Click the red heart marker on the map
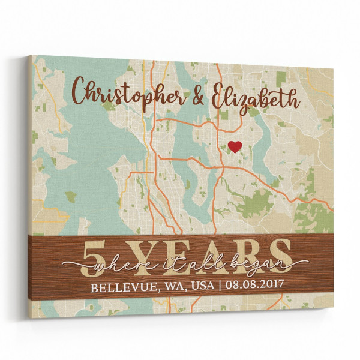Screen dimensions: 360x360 pyautogui.click(x=235, y=146)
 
